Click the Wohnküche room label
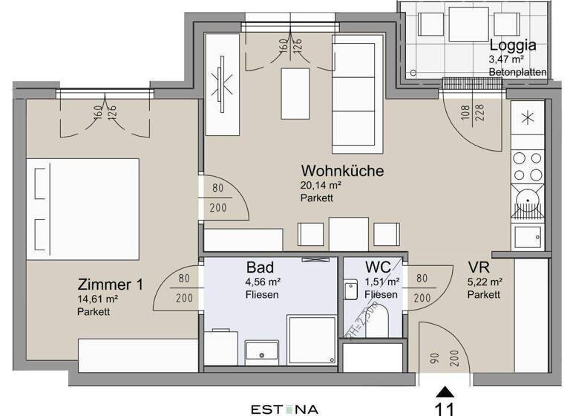[x=342, y=171]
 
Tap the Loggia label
[x=513, y=44]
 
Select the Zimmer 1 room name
[x=111, y=285]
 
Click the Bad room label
[x=260, y=267]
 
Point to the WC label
[x=378, y=267]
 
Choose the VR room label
[x=477, y=267]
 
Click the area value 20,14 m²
[x=321, y=186]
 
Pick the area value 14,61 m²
[x=98, y=299]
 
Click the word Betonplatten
[x=518, y=72]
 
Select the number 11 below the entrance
[x=445, y=408]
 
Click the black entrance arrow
[x=444, y=391]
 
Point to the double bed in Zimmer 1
[x=82, y=208]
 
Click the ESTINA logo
[x=285, y=409]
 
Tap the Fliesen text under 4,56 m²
[x=261, y=295]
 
